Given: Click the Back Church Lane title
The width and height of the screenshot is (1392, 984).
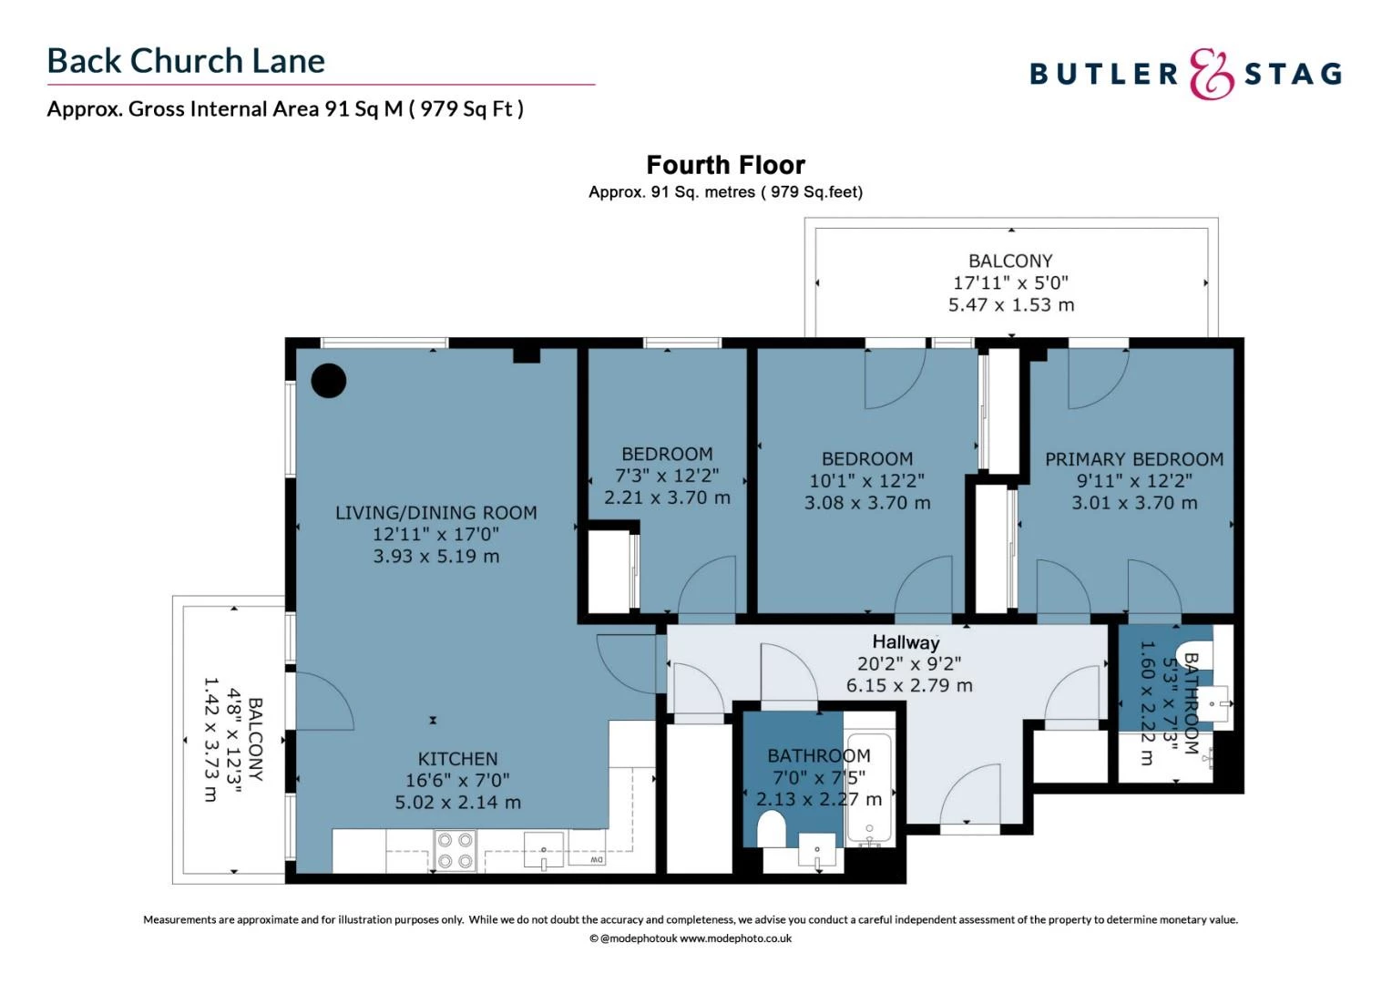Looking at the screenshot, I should click(x=186, y=61).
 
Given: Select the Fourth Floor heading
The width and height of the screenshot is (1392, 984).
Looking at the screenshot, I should click(x=725, y=165).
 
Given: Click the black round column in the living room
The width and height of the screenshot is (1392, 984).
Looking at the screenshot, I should click(x=328, y=380).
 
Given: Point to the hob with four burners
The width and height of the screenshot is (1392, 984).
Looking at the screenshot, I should click(x=455, y=850).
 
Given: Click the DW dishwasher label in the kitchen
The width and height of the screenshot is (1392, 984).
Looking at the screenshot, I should click(x=596, y=859).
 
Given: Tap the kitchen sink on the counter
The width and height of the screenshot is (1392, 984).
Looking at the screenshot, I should click(x=544, y=851).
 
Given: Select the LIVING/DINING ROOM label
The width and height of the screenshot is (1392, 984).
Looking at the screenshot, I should click(x=435, y=513).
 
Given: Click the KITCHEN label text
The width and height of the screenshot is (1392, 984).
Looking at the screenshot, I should click(x=457, y=759).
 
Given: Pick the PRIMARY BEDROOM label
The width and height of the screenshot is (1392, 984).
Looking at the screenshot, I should click(x=1133, y=459).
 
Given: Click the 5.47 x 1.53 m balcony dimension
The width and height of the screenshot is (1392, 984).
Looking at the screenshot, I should click(x=1010, y=305).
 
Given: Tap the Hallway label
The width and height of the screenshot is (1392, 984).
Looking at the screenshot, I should click(x=905, y=642).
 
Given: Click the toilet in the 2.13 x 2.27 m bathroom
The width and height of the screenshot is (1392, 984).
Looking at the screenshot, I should click(x=771, y=829).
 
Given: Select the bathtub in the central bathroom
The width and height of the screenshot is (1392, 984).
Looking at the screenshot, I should click(x=869, y=788).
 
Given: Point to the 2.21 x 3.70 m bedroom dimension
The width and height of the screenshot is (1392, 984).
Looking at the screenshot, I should click(x=667, y=498).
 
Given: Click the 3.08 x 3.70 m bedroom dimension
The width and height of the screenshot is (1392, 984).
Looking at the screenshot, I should click(x=866, y=503).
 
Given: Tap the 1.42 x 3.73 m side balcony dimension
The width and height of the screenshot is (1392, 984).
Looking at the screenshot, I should click(x=210, y=738).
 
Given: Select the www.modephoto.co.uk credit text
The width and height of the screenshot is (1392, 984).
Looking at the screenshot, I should click(x=735, y=938).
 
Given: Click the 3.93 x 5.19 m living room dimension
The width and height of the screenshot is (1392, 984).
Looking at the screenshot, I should click(x=435, y=557).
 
